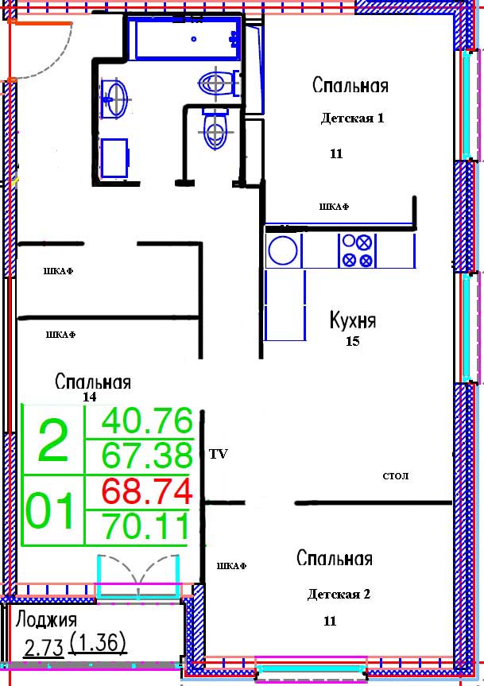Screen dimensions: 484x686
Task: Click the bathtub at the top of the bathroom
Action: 188,38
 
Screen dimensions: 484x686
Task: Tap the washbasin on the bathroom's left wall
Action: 114,99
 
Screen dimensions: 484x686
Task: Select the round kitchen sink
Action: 283,250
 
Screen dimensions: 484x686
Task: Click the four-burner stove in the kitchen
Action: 357,250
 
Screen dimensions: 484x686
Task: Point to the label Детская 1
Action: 352,118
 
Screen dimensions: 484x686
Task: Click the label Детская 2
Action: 339,594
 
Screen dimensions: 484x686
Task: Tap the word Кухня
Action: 352,320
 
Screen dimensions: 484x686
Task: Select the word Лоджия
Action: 46,620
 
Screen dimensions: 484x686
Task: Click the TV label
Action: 219,454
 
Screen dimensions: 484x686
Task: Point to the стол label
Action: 395,475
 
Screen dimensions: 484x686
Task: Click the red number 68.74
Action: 147,491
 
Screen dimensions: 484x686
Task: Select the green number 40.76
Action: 147,421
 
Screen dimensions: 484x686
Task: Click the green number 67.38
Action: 147,455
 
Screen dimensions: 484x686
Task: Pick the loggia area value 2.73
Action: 44,648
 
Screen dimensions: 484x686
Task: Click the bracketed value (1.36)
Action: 98,644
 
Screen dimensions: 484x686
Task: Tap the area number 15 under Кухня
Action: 352,341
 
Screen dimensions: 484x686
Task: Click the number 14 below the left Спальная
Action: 90,397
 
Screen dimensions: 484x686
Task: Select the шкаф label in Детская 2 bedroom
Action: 231,566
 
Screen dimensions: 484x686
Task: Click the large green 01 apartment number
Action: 49,510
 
